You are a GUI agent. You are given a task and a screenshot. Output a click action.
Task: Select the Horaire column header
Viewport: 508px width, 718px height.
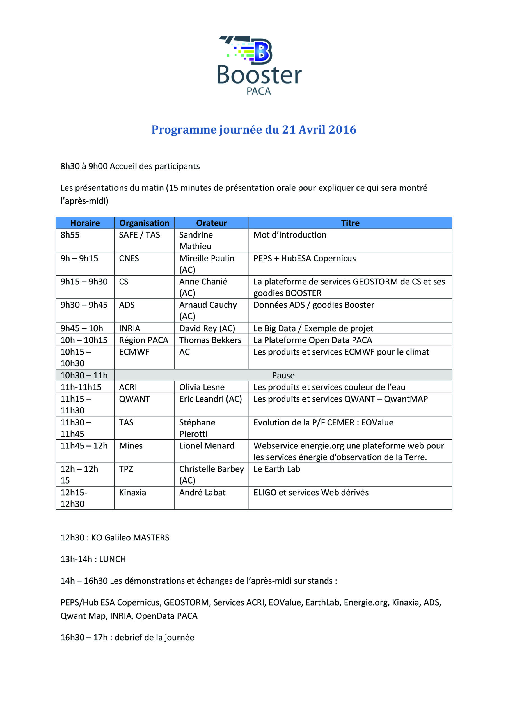pos(85,223)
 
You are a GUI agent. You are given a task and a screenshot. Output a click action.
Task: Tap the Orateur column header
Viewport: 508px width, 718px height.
pos(211,223)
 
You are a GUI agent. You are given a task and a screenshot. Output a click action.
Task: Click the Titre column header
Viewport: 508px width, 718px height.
pos(350,223)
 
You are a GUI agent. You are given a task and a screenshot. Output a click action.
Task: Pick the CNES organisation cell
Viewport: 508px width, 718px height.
pos(129,258)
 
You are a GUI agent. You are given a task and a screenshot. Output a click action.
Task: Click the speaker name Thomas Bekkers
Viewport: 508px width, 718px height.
pos(210,340)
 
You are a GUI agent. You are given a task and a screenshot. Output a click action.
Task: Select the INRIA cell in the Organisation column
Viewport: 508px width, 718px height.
pos(130,328)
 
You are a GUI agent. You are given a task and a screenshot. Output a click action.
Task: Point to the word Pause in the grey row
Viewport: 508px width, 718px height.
pos(283,375)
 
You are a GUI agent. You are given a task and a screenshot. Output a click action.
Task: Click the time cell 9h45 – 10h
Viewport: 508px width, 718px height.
pos(82,328)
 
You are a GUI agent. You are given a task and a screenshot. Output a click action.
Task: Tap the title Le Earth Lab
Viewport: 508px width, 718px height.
pos(277,469)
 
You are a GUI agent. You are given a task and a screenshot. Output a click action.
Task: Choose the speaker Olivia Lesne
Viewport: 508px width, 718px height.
pos(202,387)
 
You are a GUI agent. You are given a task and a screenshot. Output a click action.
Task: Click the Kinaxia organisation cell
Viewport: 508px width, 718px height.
pos(132,493)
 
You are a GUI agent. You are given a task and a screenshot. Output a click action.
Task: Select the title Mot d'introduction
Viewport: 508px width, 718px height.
pos(290,235)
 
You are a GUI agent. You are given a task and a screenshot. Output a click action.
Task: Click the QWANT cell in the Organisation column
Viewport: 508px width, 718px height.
pos(134,399)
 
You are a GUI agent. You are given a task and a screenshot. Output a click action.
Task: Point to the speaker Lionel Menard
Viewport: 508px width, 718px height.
pos(207,446)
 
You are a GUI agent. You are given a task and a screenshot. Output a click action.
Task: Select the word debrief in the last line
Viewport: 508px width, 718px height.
pos(129,637)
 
